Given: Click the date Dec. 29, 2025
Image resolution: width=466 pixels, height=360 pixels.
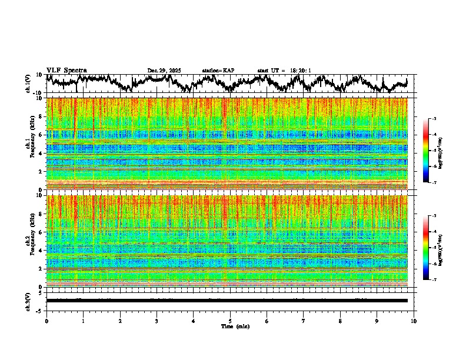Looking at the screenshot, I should click(x=164, y=71).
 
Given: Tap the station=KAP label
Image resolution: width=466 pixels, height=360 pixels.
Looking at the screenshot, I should click(x=218, y=71).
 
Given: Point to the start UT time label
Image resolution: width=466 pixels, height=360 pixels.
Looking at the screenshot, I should click(x=284, y=71).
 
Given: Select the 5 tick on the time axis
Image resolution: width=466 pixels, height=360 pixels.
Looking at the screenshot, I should click(x=230, y=321).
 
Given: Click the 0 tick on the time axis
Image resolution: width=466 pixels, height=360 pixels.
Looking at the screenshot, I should click(x=46, y=321).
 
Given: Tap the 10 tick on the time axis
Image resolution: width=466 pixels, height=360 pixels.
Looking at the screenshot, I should click(x=414, y=321).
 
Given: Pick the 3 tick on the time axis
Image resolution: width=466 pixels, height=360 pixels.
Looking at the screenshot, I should click(x=157, y=321).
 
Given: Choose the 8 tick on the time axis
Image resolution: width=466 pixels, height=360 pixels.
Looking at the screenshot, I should click(x=340, y=321).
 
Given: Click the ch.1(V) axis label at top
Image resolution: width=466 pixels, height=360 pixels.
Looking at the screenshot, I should click(x=28, y=84).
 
